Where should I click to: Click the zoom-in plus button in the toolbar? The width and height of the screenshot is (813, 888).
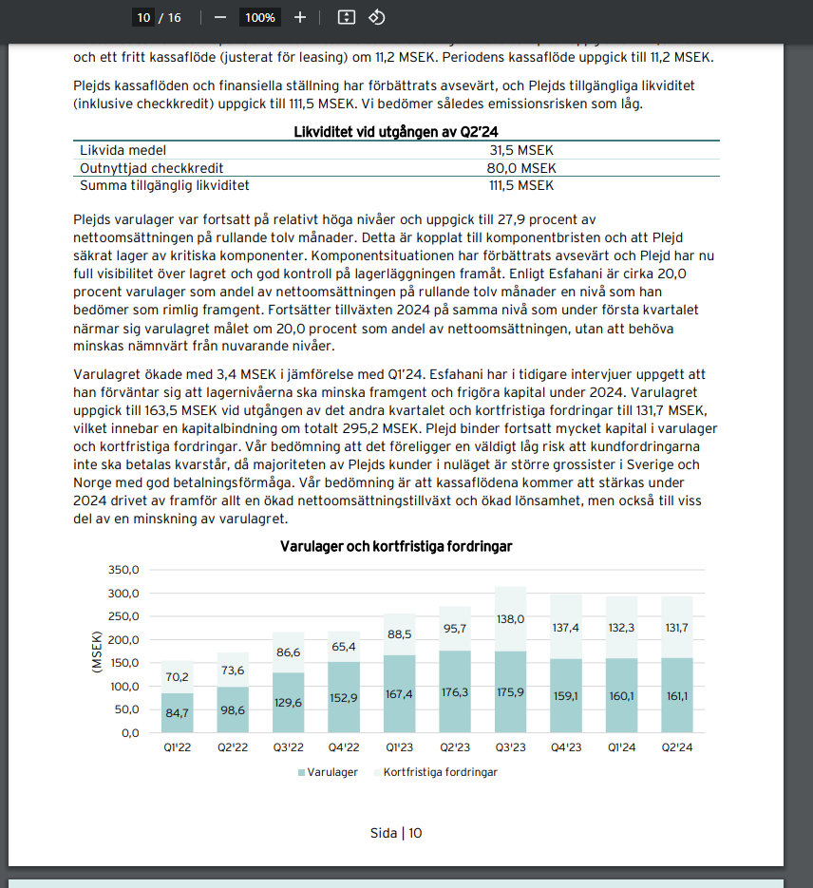pos(300,17)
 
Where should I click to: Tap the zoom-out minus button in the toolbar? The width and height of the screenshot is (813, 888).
pos(220,17)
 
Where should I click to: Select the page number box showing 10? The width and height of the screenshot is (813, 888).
pos(144,17)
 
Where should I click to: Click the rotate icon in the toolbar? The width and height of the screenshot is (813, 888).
pos(376,17)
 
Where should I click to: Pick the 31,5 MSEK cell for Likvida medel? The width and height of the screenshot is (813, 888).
pos(521,150)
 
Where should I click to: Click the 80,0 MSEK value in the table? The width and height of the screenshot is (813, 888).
pos(521,168)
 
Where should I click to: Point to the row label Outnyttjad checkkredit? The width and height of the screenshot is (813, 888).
pos(151,168)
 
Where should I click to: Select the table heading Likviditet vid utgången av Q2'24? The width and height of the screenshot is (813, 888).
pos(396,131)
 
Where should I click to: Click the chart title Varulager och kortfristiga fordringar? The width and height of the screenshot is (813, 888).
pos(396,546)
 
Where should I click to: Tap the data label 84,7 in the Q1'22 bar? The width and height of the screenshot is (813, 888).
pos(178,712)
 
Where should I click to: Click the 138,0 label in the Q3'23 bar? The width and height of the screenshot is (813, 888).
pos(510,618)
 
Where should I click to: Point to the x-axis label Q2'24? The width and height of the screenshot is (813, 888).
pos(676,747)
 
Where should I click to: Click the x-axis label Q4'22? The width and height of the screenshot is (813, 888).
pos(344,747)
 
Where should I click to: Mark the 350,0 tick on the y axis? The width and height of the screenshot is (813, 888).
pos(124,570)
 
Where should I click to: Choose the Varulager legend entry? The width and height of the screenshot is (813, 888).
pos(329,772)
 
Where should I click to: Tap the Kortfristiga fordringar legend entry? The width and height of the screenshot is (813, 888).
pos(440,772)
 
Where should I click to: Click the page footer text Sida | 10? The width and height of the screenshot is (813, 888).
pos(396,833)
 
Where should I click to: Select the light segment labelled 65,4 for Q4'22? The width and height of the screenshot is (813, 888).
pos(344,647)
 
